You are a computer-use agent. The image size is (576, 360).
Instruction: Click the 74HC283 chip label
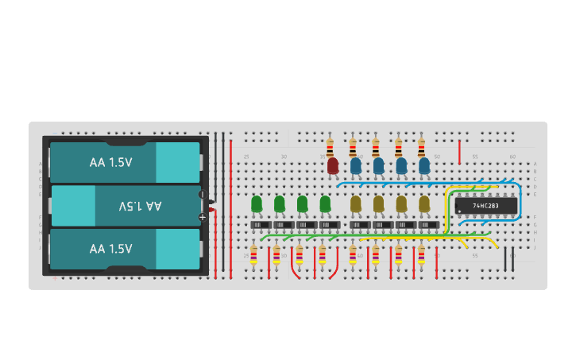[x=485, y=206]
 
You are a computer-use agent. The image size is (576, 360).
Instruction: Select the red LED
[x=333, y=165]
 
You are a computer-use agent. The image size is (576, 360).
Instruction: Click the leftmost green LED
[x=257, y=204]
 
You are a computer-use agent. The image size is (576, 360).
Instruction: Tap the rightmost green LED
[x=325, y=204]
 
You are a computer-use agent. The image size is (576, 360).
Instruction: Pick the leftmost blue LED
[x=356, y=165]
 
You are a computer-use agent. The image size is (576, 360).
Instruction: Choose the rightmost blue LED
[x=424, y=165]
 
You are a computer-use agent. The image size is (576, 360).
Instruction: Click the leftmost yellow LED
[x=356, y=204]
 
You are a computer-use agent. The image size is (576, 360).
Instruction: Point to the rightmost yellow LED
[x=424, y=204]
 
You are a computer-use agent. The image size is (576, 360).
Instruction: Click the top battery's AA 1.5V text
[x=110, y=162]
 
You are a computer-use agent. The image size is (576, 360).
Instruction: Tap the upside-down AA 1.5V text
[x=140, y=206]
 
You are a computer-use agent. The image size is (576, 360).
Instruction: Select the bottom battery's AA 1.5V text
[x=110, y=249]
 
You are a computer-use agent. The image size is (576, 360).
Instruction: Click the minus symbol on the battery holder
[x=202, y=194]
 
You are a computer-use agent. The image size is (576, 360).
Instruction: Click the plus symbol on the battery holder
[x=202, y=216]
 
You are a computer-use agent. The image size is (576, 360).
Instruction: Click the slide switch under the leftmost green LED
[x=261, y=225]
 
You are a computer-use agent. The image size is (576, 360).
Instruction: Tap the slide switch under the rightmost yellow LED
[x=428, y=225]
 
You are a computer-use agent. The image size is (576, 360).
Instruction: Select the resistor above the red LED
[x=330, y=147]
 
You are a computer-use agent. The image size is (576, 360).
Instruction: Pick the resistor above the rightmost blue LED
[x=421, y=147]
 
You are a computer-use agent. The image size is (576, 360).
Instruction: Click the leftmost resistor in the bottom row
[x=253, y=255]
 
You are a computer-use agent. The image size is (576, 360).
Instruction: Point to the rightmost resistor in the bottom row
[x=421, y=255]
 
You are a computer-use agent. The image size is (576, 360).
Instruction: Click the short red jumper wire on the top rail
[x=459, y=151]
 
